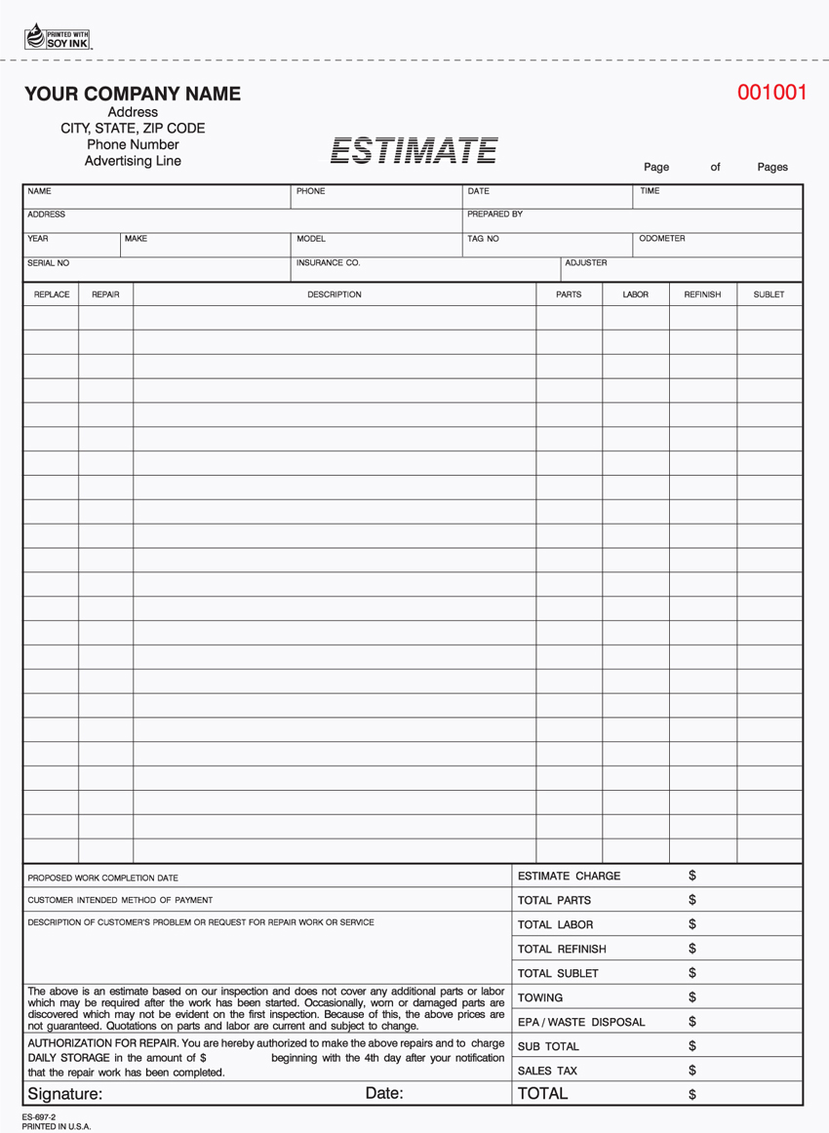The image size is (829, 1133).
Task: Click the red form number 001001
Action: pos(772,93)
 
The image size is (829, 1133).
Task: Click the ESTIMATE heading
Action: pos(414,150)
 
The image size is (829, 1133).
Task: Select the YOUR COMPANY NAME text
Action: pos(133,94)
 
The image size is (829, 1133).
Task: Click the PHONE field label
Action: pos(310,191)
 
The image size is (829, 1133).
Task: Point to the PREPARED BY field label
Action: pos(494,214)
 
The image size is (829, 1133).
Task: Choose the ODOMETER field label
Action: pos(662,238)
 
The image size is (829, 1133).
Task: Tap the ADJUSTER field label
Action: pos(586,262)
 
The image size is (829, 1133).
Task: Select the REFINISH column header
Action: pos(702,293)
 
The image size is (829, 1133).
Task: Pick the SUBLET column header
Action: pos(769,293)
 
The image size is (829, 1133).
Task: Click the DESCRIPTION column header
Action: pos(335,293)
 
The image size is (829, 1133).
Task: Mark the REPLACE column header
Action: pos(52,293)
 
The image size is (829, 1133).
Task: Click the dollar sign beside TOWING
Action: pos(692,997)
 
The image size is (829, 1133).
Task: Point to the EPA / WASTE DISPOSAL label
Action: pos(581,1022)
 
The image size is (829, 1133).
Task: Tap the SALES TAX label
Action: pos(547,1071)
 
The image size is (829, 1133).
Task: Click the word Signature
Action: pos(64,1094)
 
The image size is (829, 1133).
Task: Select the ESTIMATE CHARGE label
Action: pos(569,876)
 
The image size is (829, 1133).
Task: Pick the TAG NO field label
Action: pos(483,238)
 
